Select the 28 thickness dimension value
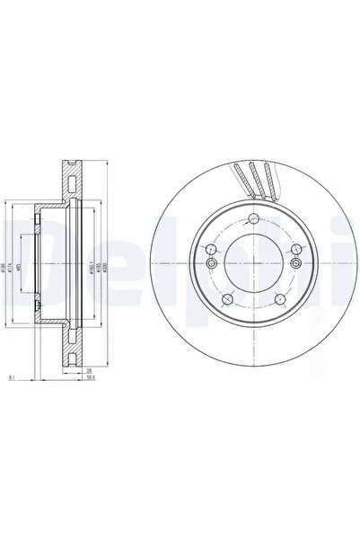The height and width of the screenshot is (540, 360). click(x=91, y=369)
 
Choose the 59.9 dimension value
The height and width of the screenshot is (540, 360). click(x=91, y=379)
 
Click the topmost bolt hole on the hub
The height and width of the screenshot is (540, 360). click(x=255, y=222)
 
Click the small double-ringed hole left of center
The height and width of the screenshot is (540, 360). click(x=210, y=263)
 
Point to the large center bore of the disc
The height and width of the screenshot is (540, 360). click(x=253, y=265)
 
